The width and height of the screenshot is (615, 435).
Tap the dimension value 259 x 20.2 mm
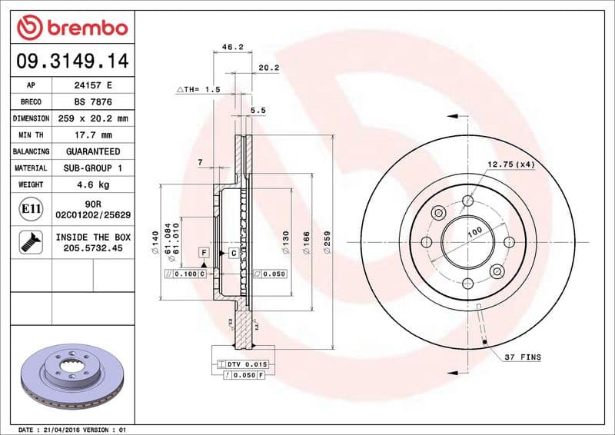point(91,118)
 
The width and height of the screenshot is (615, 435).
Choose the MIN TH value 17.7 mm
point(91,135)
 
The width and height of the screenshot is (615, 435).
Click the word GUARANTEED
point(91,151)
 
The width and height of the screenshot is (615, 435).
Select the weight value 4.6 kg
point(91,184)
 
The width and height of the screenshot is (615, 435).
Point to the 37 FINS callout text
point(523,357)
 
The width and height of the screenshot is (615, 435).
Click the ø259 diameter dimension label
point(327,243)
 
